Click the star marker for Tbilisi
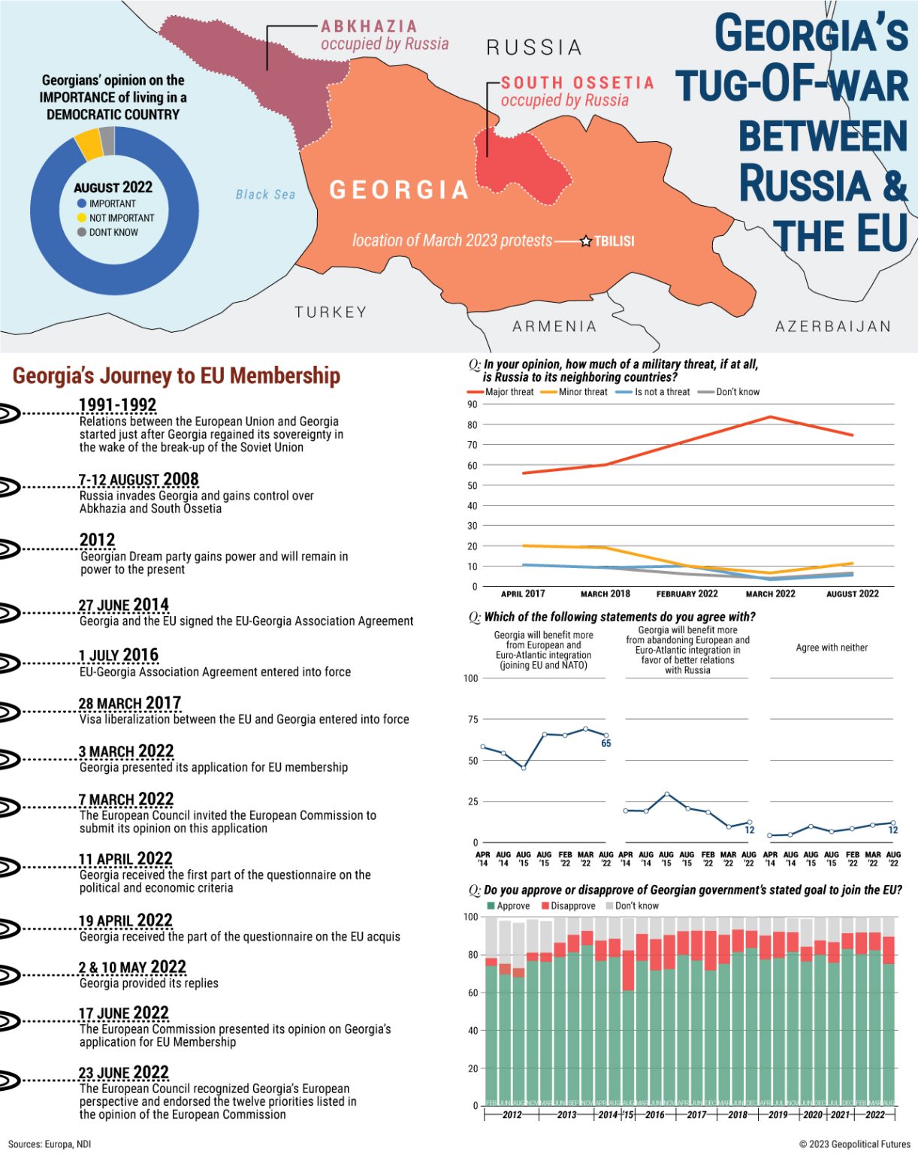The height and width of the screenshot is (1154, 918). [586, 241]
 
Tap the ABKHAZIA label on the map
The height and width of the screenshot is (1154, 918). [369, 26]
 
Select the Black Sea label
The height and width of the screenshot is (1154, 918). [265, 195]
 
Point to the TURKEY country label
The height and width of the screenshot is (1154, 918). [331, 312]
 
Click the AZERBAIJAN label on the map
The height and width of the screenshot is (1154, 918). [833, 326]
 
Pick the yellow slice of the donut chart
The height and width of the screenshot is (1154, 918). [89, 143]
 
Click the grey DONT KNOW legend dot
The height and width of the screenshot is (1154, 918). [82, 232]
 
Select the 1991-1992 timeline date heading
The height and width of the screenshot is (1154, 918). [117, 405]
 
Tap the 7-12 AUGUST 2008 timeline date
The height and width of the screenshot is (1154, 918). [138, 479]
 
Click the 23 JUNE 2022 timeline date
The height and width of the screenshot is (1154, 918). [123, 1072]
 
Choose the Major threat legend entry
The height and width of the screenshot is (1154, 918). [500, 391]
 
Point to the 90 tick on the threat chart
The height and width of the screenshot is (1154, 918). [472, 404]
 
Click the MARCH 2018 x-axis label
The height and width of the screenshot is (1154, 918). [605, 594]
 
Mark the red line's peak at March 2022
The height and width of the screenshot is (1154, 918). [770, 417]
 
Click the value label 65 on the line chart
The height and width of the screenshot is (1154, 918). [606, 743]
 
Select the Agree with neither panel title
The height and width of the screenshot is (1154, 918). [832, 648]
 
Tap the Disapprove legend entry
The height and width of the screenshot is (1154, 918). [568, 905]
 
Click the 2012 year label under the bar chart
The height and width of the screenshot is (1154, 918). [512, 1114]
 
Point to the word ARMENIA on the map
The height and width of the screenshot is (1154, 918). [554, 326]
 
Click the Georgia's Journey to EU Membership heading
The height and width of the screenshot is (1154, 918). [177, 375]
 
